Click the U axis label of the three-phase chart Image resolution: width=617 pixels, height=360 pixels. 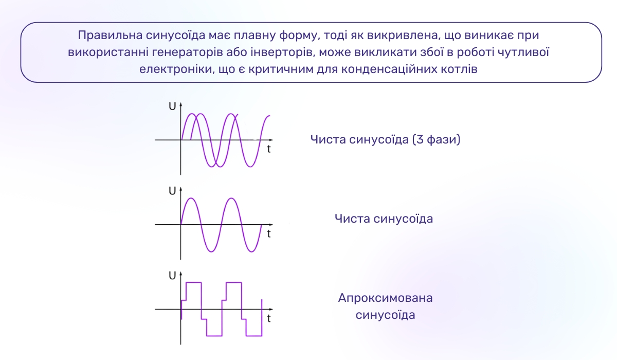tap(172, 106)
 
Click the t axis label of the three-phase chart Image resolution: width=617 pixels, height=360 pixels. tap(269, 149)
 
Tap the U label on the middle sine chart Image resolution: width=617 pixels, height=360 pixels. tap(172, 191)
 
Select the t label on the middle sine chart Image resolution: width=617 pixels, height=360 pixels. tap(269, 234)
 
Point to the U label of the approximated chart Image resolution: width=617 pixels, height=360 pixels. tap(172, 276)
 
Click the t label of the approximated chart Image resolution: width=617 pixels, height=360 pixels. tap(269, 318)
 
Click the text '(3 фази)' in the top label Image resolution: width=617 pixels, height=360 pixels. tap(436, 139)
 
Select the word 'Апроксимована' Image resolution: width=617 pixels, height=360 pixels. tap(385, 298)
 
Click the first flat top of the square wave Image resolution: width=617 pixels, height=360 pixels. tap(193, 282)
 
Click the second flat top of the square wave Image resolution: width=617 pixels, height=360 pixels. tap(233, 282)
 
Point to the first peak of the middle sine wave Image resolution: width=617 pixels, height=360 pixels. tap(191, 199)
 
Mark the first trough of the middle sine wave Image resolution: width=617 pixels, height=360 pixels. tap(211, 251)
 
